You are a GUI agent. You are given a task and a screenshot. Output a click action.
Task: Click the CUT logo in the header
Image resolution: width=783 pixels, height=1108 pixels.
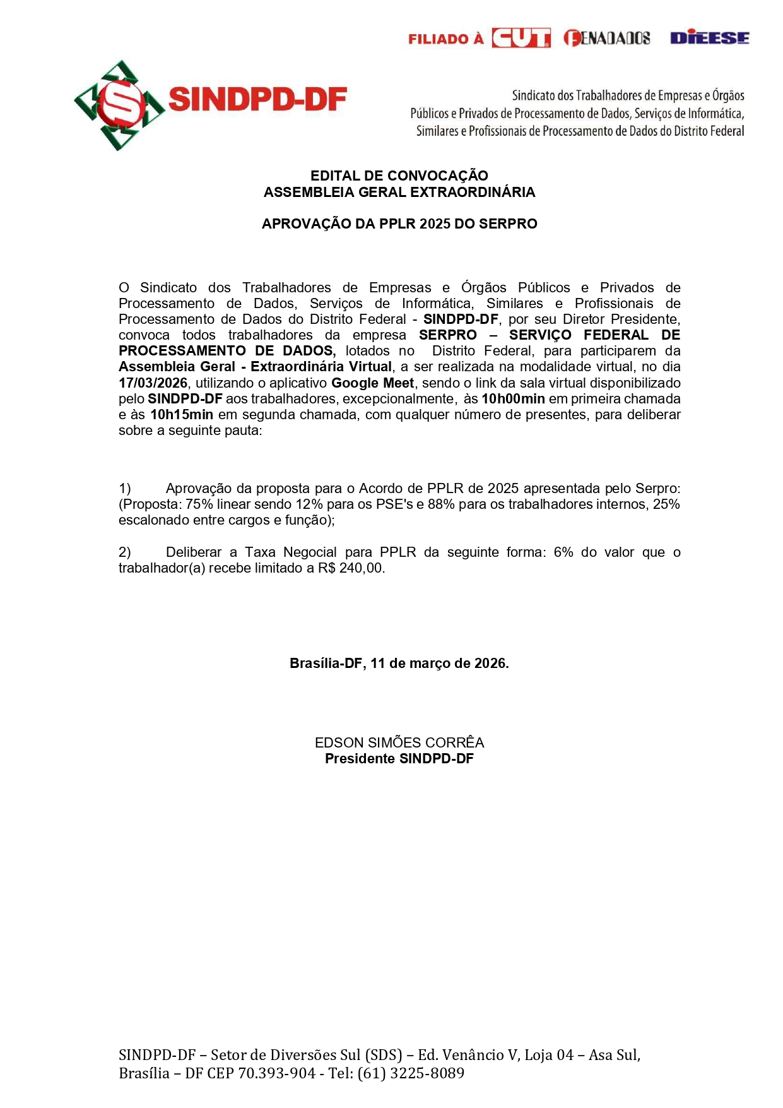521,39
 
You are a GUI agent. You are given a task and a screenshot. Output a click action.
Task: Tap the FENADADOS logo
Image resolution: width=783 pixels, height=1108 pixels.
606,39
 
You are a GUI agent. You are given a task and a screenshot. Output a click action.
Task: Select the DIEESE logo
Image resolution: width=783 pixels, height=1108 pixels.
709,38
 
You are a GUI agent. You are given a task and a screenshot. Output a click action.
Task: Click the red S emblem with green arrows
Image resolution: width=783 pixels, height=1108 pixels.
119,105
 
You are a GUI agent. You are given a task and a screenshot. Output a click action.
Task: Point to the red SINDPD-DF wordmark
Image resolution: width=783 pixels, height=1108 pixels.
258,100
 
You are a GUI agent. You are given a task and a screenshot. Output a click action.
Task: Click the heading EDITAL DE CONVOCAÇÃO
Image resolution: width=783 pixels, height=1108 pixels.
399,176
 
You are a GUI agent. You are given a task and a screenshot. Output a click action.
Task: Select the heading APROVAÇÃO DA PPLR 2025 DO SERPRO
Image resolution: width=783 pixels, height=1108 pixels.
399,223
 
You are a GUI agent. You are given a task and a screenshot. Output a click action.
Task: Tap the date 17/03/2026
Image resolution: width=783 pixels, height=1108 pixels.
153,383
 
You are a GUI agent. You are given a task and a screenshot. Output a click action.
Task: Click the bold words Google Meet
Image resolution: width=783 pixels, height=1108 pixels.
372,383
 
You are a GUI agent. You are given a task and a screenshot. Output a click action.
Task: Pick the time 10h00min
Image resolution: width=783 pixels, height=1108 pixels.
512,399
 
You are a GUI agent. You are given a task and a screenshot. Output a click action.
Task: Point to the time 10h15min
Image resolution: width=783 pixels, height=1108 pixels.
182,415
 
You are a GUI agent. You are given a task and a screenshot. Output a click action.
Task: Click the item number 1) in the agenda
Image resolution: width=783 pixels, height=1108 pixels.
125,489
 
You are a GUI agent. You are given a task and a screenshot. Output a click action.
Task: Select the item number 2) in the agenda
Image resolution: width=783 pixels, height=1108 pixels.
125,552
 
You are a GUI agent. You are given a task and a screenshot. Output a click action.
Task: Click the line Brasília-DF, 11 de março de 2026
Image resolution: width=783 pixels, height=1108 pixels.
399,664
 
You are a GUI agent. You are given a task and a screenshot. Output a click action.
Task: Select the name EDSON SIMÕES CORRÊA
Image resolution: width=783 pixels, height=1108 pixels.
399,742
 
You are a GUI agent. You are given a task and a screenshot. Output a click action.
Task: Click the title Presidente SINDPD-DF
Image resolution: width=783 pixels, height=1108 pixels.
399,759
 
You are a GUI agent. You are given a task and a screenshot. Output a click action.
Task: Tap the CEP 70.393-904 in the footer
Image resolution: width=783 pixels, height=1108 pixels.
276,1073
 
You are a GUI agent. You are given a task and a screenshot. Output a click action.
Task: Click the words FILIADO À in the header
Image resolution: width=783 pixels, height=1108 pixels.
445,39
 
